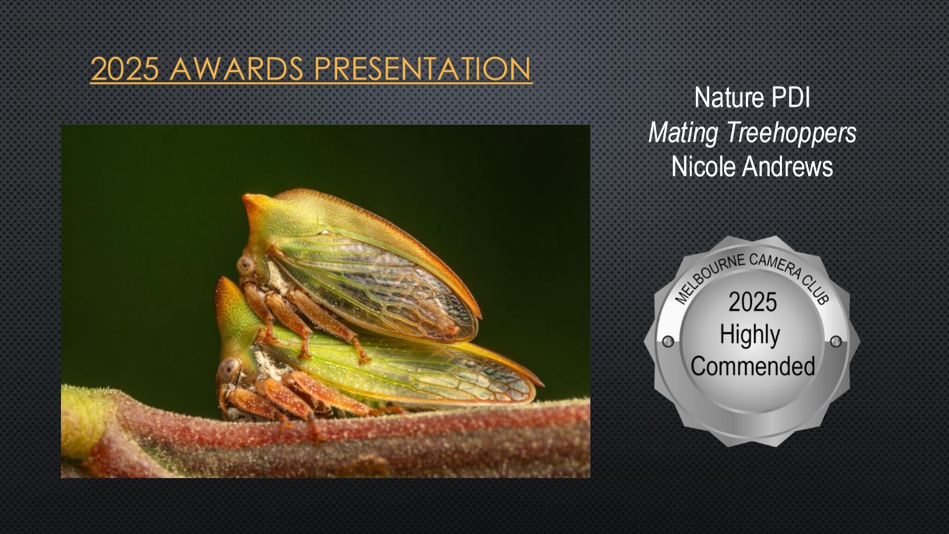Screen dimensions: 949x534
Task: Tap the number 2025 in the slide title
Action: pyautogui.click(x=125, y=69)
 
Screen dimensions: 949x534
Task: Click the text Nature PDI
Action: pyautogui.click(x=752, y=97)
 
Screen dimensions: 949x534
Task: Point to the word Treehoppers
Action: pyautogui.click(x=791, y=133)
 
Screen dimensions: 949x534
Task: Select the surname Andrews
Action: pyautogui.click(x=788, y=167)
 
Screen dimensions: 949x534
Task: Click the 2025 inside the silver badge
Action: pyautogui.click(x=753, y=302)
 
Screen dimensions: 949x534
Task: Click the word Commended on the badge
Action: pyautogui.click(x=753, y=366)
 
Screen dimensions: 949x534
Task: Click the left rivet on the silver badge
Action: pyautogui.click(x=668, y=341)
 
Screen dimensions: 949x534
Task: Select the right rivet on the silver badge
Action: pyautogui.click(x=835, y=341)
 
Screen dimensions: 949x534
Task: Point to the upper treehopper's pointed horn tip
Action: pyautogui.click(x=244, y=196)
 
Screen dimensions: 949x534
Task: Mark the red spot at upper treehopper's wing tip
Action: pyautogui.click(x=451, y=328)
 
